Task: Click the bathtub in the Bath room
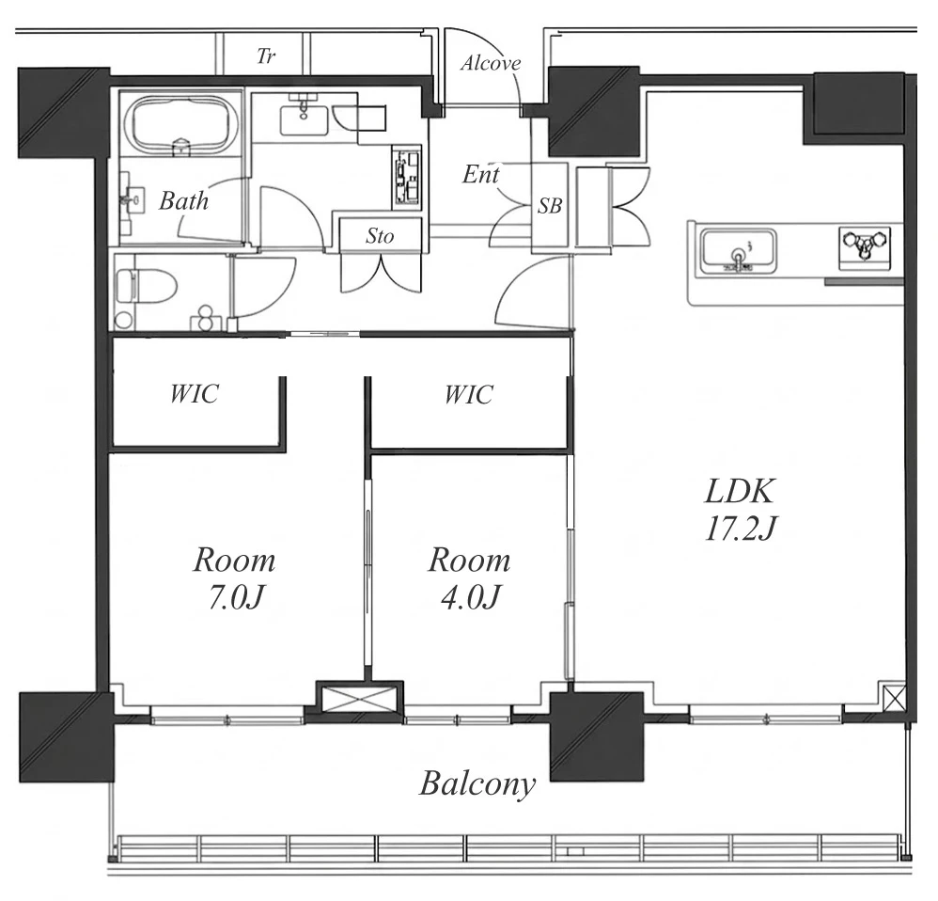(180, 124)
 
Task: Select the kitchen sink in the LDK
(739, 251)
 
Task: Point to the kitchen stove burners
(865, 246)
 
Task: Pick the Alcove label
(491, 63)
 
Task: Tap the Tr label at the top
(266, 56)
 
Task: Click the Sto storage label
(380, 236)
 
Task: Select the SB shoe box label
(549, 205)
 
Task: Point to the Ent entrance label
(481, 174)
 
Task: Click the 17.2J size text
(742, 529)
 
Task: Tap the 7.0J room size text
(235, 597)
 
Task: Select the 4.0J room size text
(470, 597)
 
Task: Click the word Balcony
(477, 783)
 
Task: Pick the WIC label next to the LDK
(469, 394)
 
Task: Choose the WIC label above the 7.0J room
(195, 393)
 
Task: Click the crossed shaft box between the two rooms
(359, 698)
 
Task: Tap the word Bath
(183, 200)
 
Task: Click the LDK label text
(741, 491)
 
